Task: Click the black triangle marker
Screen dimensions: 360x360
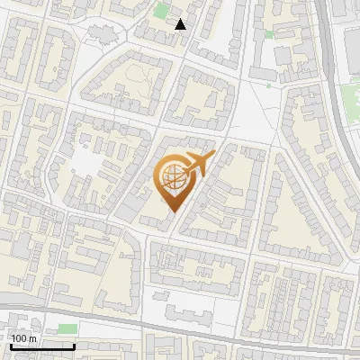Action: point(181,24)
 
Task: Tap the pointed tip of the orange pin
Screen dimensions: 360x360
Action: point(172,211)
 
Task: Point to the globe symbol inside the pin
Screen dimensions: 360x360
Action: point(172,181)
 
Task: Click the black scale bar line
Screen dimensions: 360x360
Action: point(42,346)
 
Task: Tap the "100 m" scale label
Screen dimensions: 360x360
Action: point(23,337)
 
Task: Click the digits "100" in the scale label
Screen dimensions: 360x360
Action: point(19,337)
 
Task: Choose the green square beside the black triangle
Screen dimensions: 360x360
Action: point(162,12)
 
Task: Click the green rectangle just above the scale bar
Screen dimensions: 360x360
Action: point(67,329)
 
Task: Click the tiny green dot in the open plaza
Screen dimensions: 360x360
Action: point(268,85)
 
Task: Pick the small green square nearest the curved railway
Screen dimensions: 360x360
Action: point(269,34)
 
